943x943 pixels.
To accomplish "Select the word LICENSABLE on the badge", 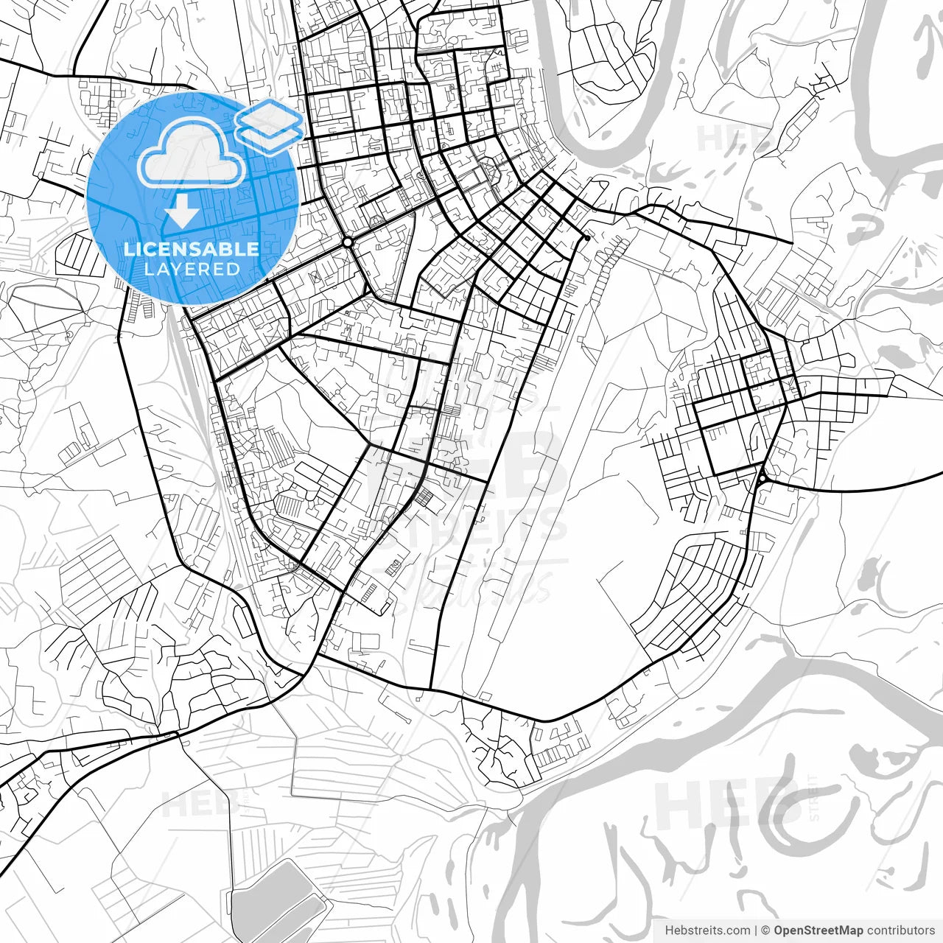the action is [192, 249].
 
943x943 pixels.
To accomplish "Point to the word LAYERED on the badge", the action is [192, 269].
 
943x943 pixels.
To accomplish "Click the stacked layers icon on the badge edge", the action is [270, 126].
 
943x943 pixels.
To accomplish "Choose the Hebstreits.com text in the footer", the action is [707, 930].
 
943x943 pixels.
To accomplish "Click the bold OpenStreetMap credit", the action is [818, 930].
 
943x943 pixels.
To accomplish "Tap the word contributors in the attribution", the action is [900, 930].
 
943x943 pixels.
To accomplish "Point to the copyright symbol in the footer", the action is [765, 930].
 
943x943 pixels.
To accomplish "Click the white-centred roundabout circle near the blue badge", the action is [347, 242].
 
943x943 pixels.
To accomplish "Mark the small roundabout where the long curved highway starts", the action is [762, 479].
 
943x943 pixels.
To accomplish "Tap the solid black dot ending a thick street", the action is [586, 238].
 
